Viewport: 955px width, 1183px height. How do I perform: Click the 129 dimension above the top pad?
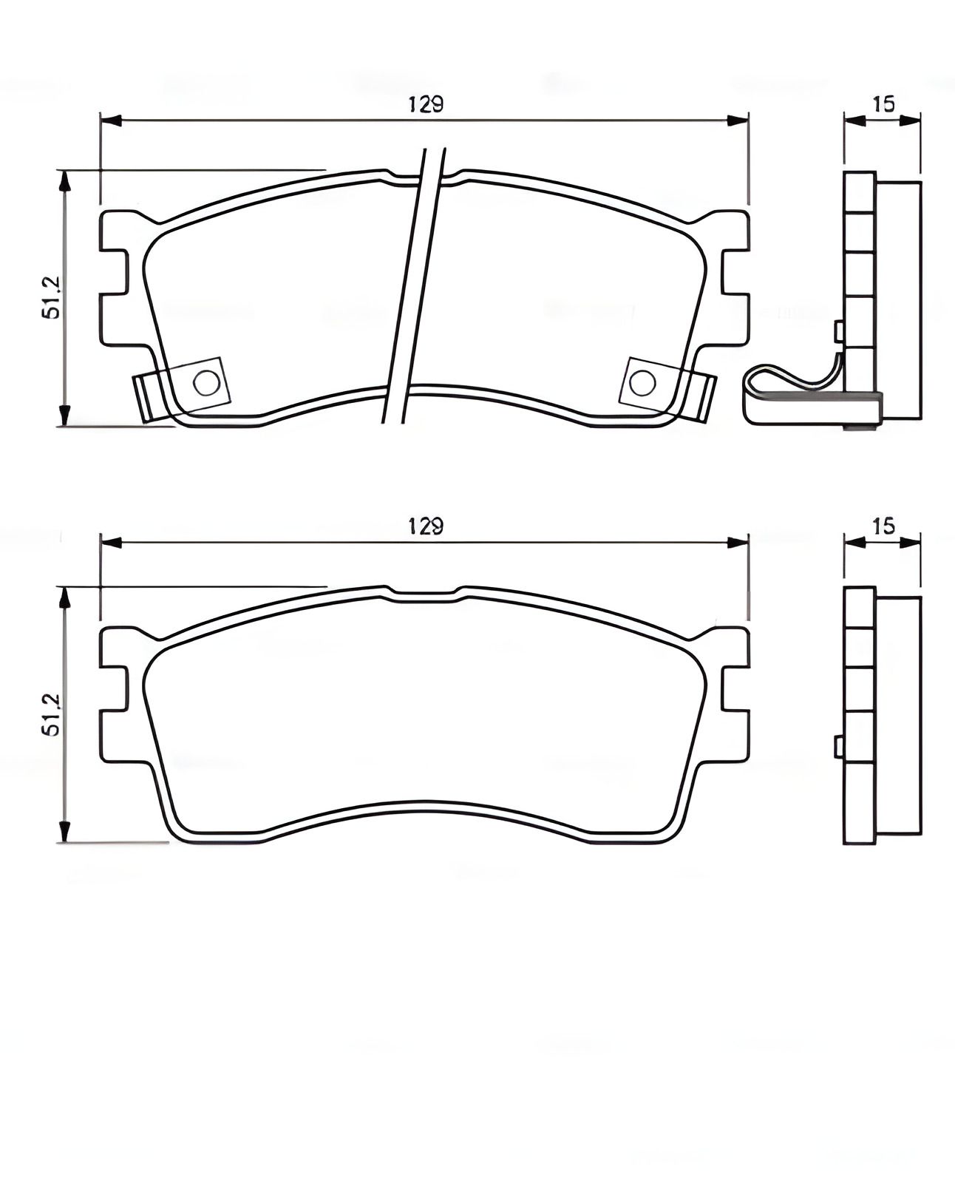click(426, 104)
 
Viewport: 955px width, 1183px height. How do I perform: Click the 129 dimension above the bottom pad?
click(426, 526)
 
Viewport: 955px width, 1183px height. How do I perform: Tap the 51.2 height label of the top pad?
click(50, 298)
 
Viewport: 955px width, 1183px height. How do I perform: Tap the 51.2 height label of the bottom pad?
click(50, 715)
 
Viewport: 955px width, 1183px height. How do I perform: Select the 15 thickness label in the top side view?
click(883, 104)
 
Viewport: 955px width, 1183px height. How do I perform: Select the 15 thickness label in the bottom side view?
click(883, 526)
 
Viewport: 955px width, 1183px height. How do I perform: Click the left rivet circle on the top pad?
click(206, 382)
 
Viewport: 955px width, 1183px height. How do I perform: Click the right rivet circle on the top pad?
click(642, 382)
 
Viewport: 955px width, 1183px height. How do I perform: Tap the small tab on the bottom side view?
click(839, 747)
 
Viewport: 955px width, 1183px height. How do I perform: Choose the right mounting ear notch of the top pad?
click(735, 272)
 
